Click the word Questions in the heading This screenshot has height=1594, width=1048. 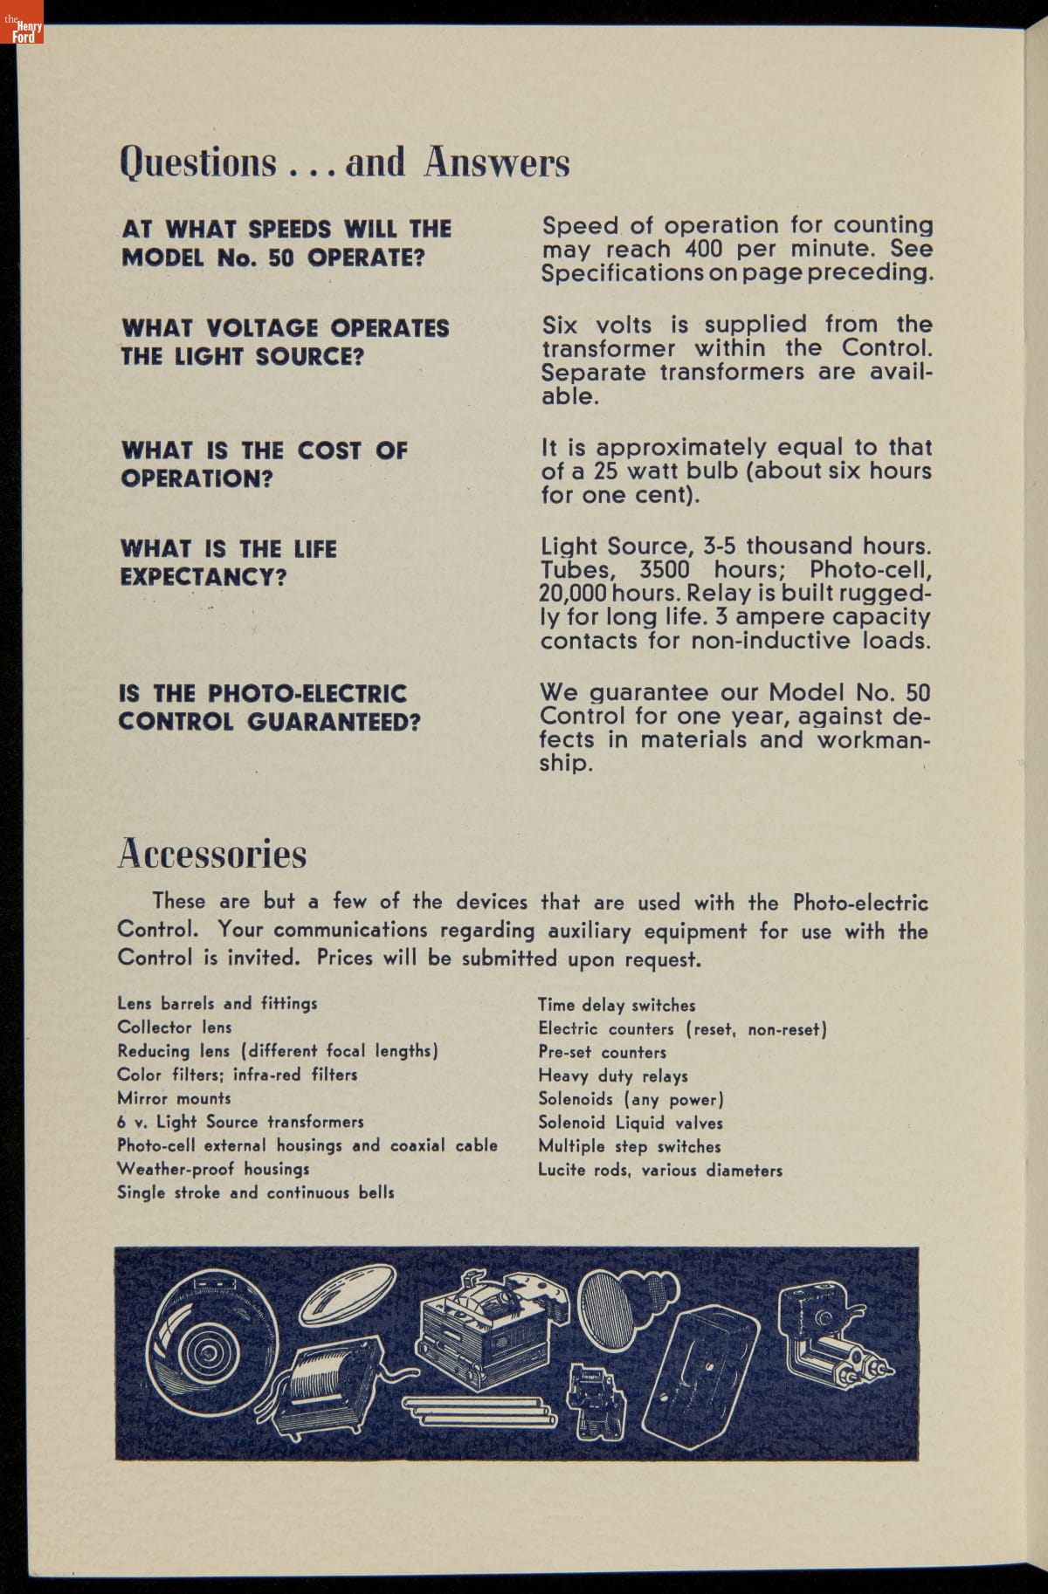coord(198,162)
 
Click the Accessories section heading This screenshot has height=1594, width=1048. coord(212,854)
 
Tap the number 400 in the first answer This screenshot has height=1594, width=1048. coord(703,249)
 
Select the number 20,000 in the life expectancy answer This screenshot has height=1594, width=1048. coord(572,594)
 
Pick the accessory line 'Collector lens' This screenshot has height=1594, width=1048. coord(175,1027)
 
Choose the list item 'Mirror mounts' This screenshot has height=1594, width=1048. coord(174,1098)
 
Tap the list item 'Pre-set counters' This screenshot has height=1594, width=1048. coord(602,1053)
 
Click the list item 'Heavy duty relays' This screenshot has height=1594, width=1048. coord(613,1076)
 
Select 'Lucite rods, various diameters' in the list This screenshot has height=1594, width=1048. coord(659,1171)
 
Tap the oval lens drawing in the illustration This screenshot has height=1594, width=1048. coord(348,1298)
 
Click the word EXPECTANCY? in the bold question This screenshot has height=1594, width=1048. coord(203,578)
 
